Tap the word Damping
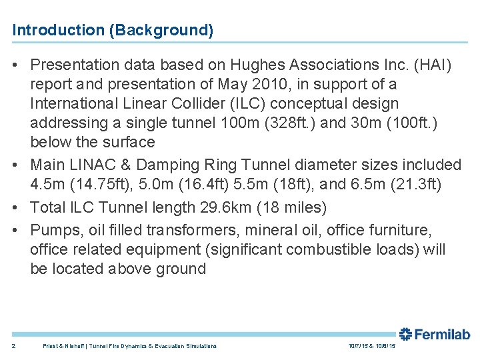point(147,165)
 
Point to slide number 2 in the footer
point(13,346)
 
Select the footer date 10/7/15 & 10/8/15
point(371,346)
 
